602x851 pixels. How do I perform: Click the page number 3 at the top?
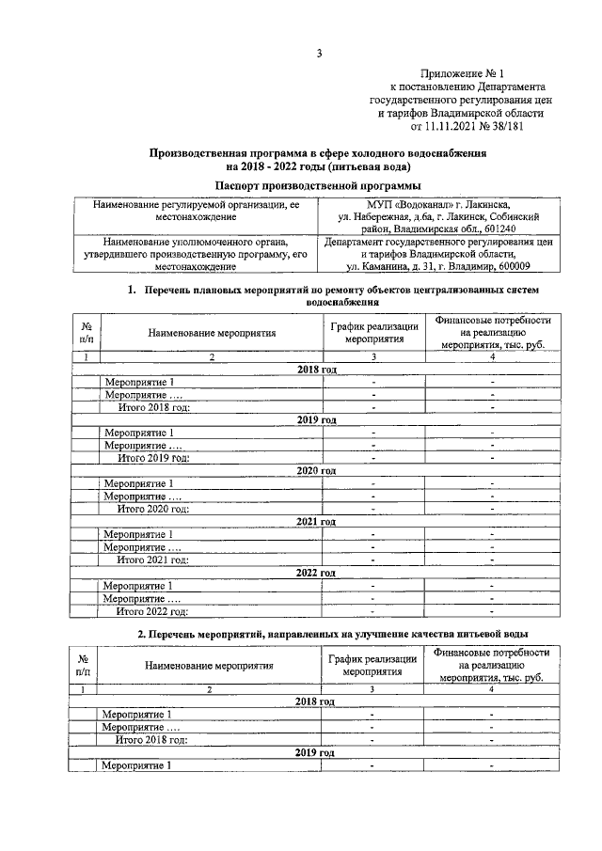click(x=319, y=54)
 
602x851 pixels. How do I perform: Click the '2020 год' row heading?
click(x=316, y=470)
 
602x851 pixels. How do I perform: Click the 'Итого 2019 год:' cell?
click(x=152, y=458)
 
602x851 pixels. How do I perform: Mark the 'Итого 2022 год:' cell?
click(x=152, y=610)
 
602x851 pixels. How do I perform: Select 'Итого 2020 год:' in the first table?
click(x=152, y=509)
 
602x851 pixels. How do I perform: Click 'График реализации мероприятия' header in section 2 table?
click(x=372, y=667)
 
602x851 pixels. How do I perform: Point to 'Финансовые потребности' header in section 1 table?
click(x=492, y=321)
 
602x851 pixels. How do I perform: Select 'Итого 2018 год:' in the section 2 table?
click(x=151, y=739)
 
